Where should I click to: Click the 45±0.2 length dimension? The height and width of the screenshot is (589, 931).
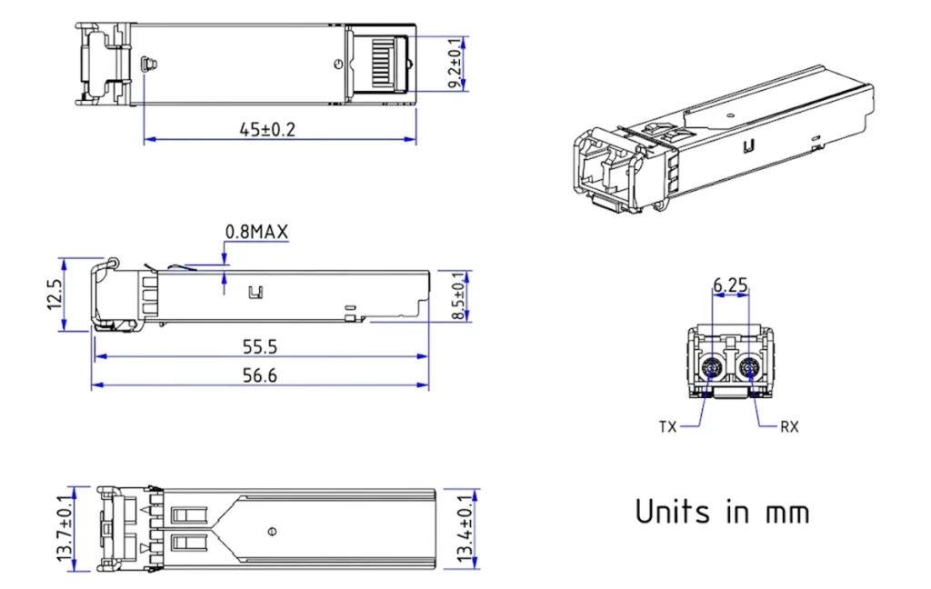pos(267,129)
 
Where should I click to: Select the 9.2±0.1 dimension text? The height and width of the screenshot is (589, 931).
pos(455,63)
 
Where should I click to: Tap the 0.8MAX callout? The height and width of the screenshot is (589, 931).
pos(256,233)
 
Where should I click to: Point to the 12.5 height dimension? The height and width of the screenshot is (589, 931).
pos(55,294)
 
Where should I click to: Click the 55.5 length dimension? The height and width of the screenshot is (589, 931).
pos(260,346)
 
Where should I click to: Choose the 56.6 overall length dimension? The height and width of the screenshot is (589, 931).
pos(260,375)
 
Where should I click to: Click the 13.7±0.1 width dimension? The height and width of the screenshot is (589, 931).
pos(66,530)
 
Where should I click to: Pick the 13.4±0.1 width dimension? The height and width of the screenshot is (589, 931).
pos(465,530)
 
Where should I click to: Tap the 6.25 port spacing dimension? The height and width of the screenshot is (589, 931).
pos(730,285)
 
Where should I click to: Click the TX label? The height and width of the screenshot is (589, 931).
pos(668,426)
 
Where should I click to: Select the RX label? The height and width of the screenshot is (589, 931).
pos(789,426)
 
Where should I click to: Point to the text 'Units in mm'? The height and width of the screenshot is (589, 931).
pos(722,512)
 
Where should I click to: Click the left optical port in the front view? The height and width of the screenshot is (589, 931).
pos(711,368)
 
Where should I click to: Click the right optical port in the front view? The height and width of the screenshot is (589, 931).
pos(749,368)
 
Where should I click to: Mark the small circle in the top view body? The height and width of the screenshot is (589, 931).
pos(338,64)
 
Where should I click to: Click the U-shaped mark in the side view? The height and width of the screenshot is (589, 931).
pos(255,293)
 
